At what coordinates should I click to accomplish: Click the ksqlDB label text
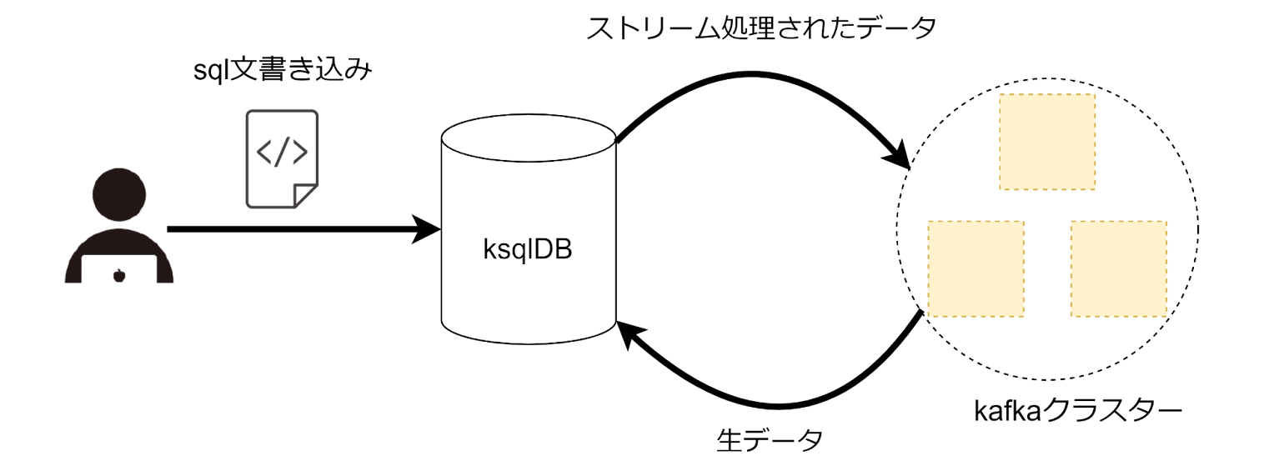(528, 249)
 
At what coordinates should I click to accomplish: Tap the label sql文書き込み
(283, 70)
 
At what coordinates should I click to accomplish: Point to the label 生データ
(770, 440)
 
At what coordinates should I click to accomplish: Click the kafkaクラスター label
(1078, 411)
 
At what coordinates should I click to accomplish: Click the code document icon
(282, 159)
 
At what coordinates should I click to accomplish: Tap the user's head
(119, 194)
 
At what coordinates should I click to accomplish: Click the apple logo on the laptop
(119, 275)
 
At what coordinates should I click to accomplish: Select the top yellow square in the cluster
(1047, 142)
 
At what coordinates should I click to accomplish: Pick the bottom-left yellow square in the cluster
(976, 268)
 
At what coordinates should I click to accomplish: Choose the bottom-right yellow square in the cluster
(1119, 268)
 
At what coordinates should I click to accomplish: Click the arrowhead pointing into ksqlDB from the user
(426, 229)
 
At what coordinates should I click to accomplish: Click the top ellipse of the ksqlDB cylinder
(529, 138)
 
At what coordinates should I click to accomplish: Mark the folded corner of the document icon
(305, 195)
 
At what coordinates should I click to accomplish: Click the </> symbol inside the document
(282, 151)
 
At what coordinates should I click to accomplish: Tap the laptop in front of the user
(119, 268)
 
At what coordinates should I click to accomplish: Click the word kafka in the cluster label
(1007, 411)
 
